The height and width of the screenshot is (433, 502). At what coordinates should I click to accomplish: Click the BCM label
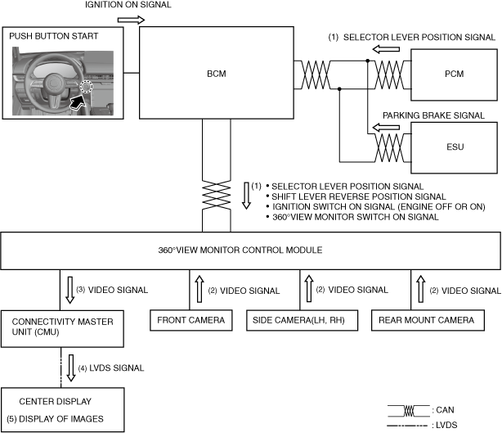click(217, 74)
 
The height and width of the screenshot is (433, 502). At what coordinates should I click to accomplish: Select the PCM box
click(454, 74)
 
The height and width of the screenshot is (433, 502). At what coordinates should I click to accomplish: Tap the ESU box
click(454, 148)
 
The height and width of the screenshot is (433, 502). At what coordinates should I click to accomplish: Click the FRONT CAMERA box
click(191, 320)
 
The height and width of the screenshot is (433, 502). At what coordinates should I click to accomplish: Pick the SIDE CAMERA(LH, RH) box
click(302, 320)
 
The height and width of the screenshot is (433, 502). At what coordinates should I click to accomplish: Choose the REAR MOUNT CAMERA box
click(428, 320)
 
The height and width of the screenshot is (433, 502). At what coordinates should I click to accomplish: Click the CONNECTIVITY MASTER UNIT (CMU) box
click(62, 328)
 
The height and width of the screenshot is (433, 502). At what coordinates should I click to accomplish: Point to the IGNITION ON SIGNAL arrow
click(132, 20)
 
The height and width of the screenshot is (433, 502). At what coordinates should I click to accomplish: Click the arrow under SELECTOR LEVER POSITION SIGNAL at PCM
click(386, 49)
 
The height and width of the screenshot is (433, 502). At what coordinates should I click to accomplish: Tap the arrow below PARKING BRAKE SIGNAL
click(386, 127)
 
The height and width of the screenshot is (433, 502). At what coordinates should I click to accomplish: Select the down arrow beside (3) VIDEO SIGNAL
click(69, 290)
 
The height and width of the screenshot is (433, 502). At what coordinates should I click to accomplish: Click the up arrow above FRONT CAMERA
click(199, 289)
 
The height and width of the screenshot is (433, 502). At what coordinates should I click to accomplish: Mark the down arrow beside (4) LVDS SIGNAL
click(71, 368)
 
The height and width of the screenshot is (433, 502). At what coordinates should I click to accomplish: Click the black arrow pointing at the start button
click(78, 102)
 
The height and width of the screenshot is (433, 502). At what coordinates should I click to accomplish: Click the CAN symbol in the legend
click(409, 411)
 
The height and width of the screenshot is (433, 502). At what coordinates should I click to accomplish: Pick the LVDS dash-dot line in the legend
click(407, 426)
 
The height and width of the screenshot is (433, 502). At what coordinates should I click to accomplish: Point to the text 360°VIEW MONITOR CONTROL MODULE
click(240, 250)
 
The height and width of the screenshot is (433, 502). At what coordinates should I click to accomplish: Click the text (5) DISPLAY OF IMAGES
click(55, 419)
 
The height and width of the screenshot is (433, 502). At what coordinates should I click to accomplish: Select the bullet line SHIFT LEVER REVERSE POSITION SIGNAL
click(359, 196)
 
